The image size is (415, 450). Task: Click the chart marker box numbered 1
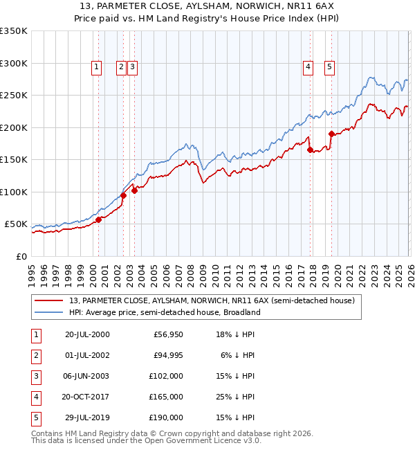[x=95, y=67]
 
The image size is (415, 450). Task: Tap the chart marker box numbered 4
[x=307, y=67]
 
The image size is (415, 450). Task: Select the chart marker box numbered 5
[x=329, y=67]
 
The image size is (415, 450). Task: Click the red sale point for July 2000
[x=98, y=219]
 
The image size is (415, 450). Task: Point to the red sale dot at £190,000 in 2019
[x=331, y=134]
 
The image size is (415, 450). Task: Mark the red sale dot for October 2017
[x=310, y=150]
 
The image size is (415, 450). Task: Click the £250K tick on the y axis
[x=14, y=96]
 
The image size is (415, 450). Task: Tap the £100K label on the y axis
[x=14, y=192]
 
